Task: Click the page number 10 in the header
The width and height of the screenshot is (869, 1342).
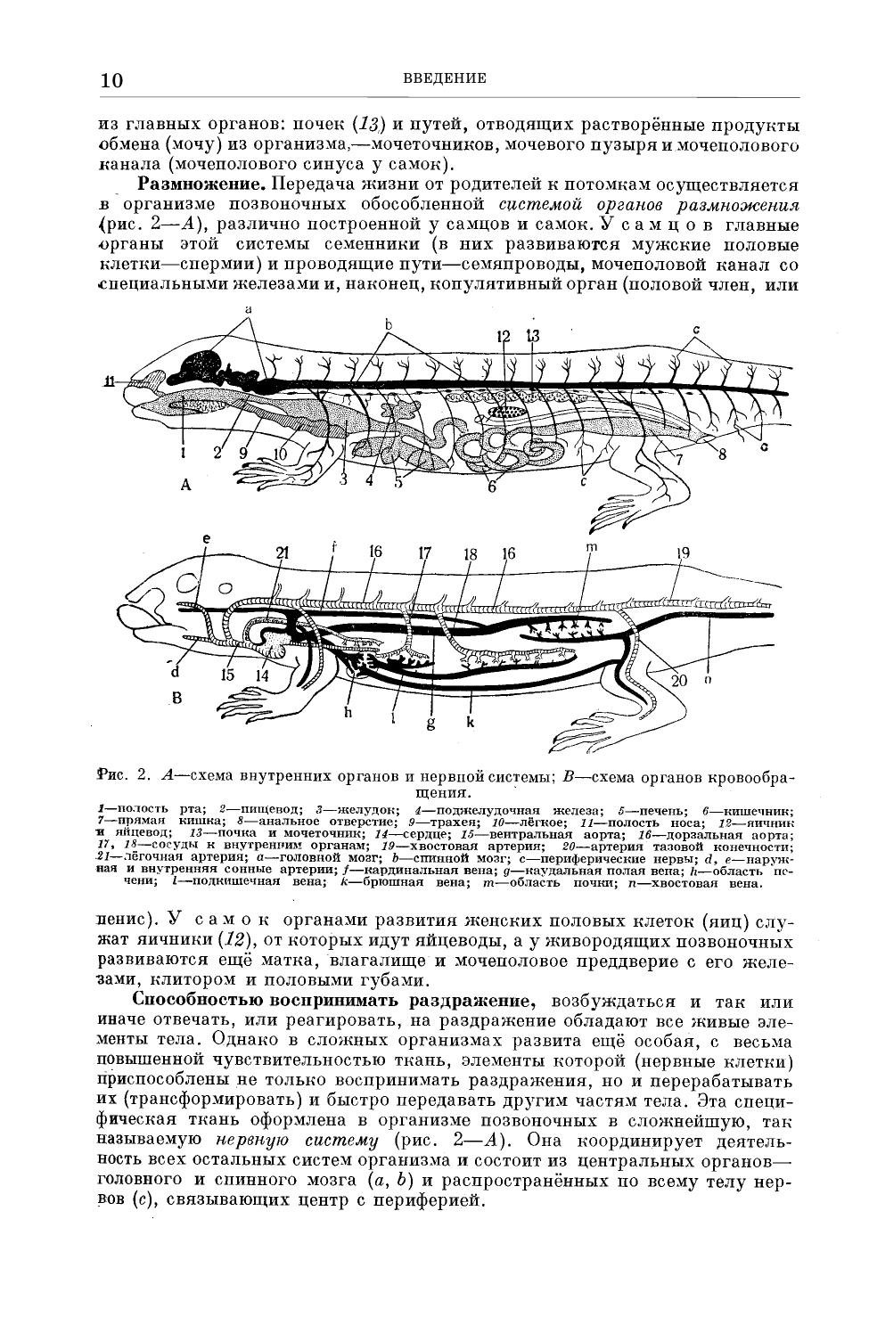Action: [112, 80]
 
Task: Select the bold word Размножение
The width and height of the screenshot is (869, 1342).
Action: [201, 184]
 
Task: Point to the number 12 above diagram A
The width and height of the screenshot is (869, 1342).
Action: [504, 336]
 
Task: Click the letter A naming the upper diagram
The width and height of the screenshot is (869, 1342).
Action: [185, 485]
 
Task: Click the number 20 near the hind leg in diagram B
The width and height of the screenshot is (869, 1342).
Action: [680, 680]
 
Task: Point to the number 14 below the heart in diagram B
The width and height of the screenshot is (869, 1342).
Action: [263, 675]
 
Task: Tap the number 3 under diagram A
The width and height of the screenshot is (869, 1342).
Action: [342, 479]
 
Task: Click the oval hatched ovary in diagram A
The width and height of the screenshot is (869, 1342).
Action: [508, 413]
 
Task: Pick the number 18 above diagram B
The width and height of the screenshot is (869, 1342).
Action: [470, 553]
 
